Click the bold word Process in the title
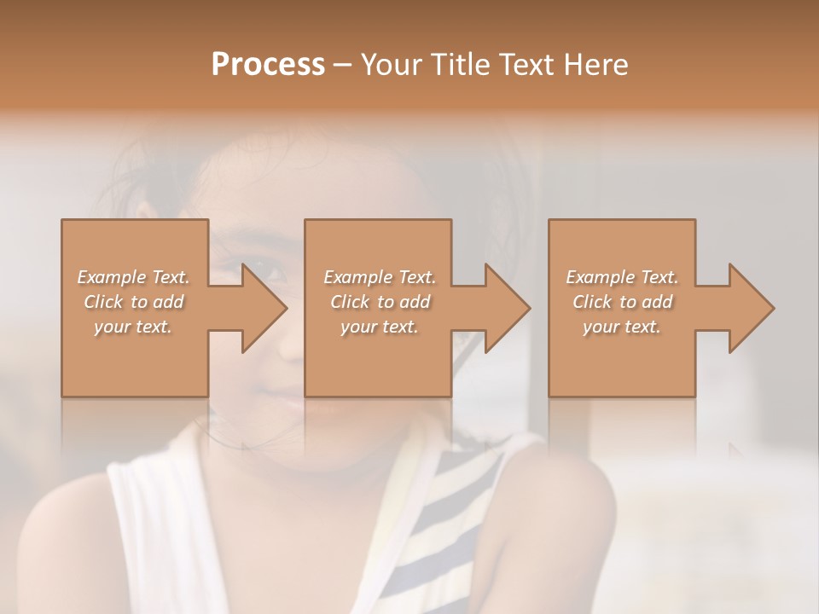tap(268, 64)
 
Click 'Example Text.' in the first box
tap(133, 277)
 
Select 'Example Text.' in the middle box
tap(380, 277)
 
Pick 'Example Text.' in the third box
tap(622, 277)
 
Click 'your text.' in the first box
tap(133, 327)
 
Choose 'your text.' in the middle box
tap(380, 327)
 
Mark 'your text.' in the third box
tap(622, 327)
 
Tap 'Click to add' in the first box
tap(133, 302)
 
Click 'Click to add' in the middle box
tap(380, 302)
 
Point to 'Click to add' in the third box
tap(622, 302)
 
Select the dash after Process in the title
tap(343, 65)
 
